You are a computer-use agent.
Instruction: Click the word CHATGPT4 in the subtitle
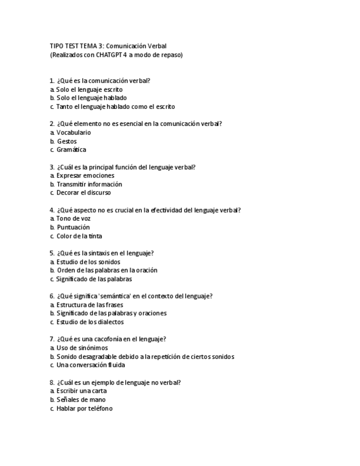point(110,55)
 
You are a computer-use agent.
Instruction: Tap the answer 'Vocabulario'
point(74,132)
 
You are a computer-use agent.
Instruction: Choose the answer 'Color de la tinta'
point(79,236)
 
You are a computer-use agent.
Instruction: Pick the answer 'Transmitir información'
point(89,184)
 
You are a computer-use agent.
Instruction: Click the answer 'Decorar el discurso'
point(84,193)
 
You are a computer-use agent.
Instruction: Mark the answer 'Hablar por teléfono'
point(84,408)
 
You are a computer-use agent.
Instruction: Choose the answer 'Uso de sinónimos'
point(82,348)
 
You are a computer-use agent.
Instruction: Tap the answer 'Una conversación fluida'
point(90,365)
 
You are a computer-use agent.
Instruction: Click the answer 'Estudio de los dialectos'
point(90,322)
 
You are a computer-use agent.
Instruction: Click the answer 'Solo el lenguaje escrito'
point(89,89)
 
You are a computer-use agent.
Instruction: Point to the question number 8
point(52,382)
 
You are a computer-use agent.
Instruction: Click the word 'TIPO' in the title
point(57,46)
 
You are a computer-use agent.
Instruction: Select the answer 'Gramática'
point(71,149)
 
